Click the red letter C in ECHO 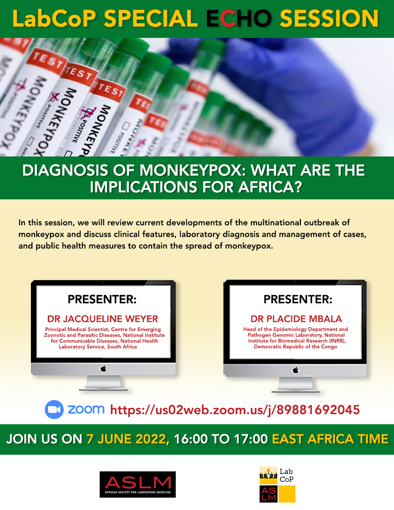[228, 19]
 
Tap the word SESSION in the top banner [329, 19]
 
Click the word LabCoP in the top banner [54, 19]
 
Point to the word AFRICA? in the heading [270, 187]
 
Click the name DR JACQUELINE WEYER [102, 319]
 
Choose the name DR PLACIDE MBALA [296, 319]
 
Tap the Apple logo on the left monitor [104, 369]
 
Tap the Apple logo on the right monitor [295, 370]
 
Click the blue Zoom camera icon [54, 410]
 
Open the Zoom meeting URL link [235, 410]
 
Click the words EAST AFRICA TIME [330, 439]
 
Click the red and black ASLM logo [138, 484]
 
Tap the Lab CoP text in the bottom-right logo [286, 475]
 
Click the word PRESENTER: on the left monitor [102, 299]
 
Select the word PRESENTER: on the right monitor [298, 299]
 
